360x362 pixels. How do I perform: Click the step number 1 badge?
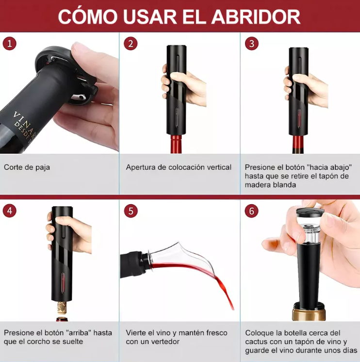click(10, 44)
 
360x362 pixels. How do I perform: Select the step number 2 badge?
click(131, 44)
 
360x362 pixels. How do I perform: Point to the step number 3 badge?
click(251, 44)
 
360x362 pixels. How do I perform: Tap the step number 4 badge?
click(10, 211)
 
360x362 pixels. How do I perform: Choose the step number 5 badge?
click(131, 211)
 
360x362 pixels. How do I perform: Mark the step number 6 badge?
click(251, 211)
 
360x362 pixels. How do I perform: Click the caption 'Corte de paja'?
click(27, 167)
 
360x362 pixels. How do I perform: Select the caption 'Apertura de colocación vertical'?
click(179, 167)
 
